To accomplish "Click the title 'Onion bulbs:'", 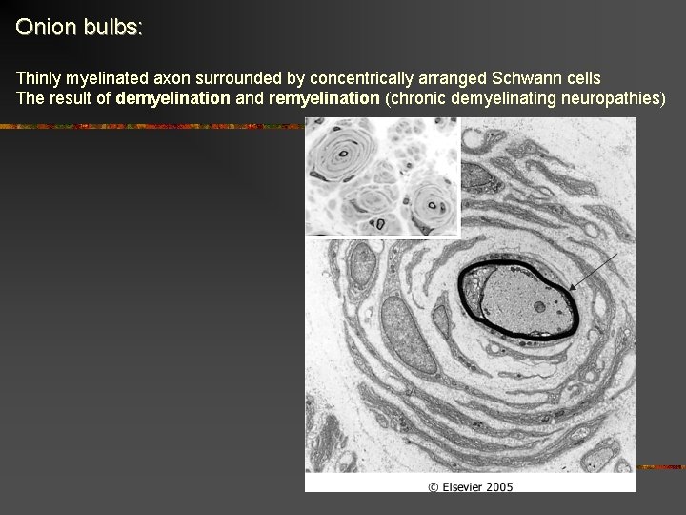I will pyautogui.click(x=79, y=27).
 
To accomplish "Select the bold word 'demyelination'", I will pyautogui.click(x=172, y=98).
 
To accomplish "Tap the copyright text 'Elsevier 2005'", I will pyautogui.click(x=470, y=486).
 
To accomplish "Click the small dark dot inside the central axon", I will pyautogui.click(x=539, y=307).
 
